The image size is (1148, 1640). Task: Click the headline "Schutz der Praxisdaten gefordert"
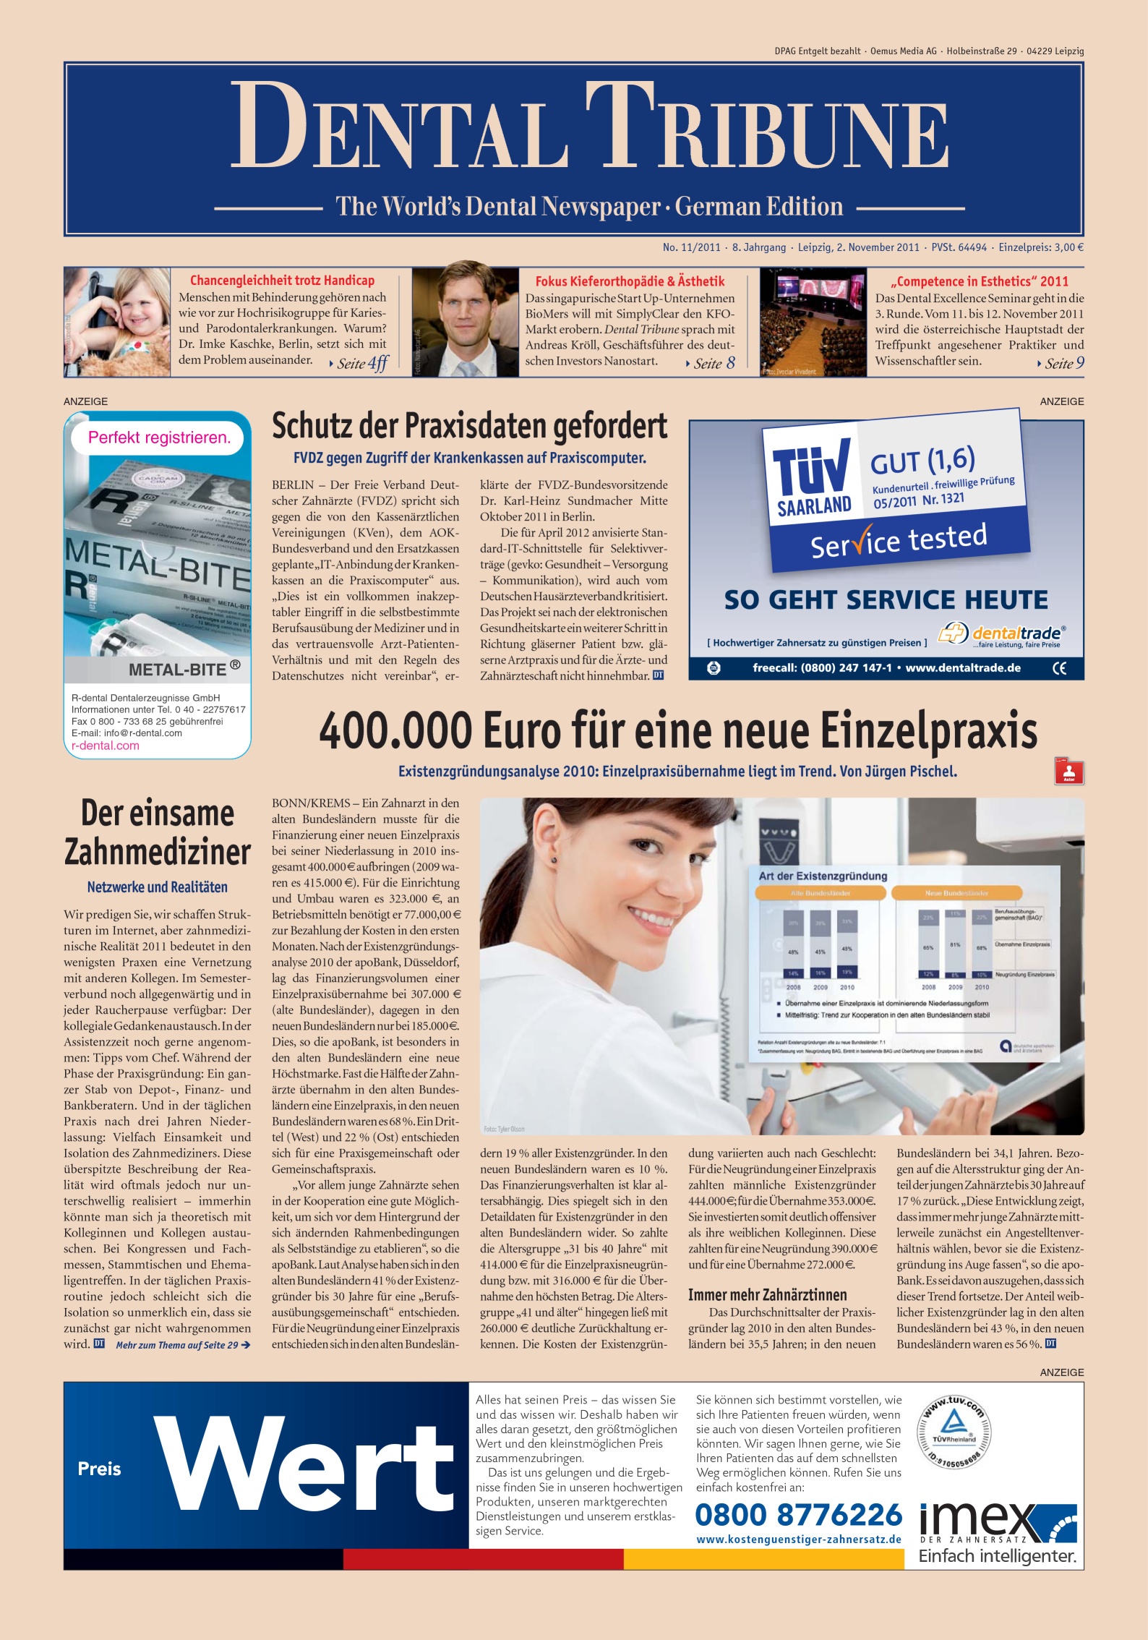469,427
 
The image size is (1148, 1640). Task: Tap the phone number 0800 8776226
798,1515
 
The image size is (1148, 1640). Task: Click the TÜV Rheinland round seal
954,1432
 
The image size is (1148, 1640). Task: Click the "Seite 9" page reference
1063,364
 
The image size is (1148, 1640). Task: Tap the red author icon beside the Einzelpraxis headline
1068,772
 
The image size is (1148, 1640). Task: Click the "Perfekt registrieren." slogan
159,438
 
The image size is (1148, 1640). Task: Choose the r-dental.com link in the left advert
106,746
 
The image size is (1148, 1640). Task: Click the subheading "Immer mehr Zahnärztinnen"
767,1295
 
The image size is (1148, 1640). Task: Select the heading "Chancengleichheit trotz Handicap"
282,281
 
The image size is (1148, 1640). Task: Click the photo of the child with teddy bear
117,322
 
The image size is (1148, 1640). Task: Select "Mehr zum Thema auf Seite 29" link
182,1345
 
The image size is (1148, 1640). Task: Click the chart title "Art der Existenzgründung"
823,876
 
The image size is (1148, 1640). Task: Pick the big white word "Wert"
304,1465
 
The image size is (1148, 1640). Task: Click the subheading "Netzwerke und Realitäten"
157,887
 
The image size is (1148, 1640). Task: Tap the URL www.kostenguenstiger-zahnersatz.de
798,1539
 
